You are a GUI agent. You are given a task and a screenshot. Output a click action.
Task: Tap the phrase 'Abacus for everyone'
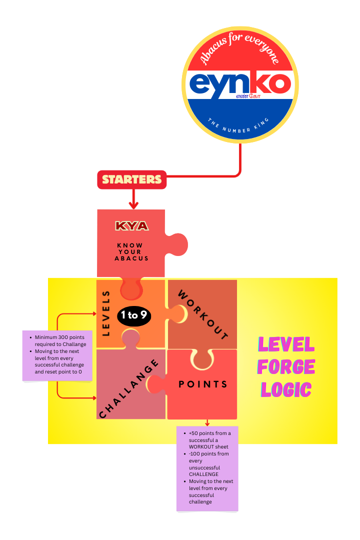(x=240, y=47)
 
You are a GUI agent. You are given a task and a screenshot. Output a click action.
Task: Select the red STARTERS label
(x=132, y=179)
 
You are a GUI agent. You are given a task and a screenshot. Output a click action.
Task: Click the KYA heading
(x=132, y=226)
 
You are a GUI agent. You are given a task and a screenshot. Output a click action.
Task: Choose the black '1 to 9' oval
(x=133, y=315)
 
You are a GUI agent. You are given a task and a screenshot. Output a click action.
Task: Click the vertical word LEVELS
(x=105, y=313)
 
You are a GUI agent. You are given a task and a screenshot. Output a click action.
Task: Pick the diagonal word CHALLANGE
(x=129, y=388)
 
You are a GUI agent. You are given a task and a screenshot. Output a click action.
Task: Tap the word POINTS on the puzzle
(x=203, y=384)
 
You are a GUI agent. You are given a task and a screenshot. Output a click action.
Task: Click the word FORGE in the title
(x=286, y=367)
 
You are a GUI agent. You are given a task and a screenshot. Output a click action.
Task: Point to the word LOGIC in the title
(x=286, y=390)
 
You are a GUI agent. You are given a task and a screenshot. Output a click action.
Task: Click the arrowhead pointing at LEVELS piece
(x=93, y=314)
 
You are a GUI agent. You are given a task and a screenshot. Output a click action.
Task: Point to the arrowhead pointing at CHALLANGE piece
(x=93, y=398)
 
